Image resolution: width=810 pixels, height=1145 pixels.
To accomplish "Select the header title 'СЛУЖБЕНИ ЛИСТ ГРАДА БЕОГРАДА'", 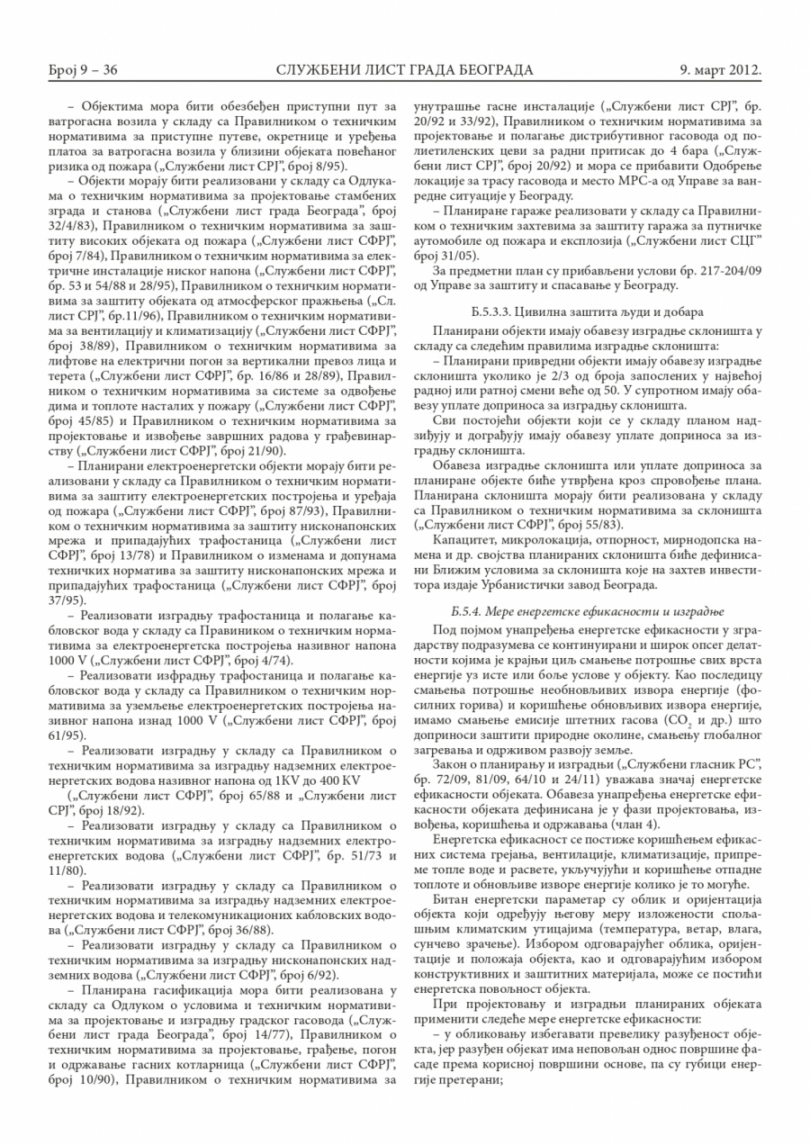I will click(404, 69).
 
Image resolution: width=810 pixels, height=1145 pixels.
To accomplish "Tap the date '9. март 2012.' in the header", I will click(720, 69).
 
